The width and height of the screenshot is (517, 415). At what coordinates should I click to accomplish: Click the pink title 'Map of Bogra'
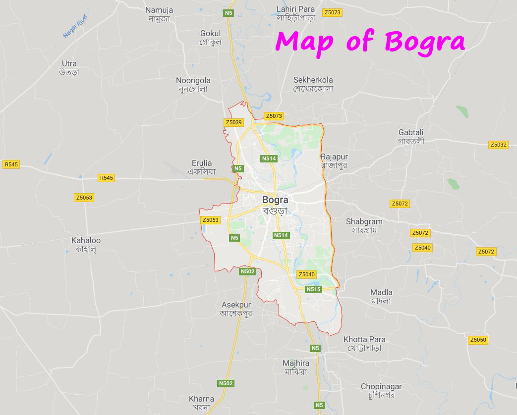pyautogui.click(x=370, y=42)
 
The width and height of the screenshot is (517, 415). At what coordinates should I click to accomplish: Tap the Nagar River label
pyautogui.click(x=75, y=27)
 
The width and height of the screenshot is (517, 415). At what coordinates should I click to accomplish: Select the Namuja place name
pyautogui.click(x=159, y=10)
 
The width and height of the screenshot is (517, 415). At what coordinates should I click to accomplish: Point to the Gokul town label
pyautogui.click(x=210, y=34)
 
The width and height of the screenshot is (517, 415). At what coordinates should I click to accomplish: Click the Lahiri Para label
pyautogui.click(x=296, y=9)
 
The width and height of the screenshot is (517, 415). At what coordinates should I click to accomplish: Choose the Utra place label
pyautogui.click(x=69, y=63)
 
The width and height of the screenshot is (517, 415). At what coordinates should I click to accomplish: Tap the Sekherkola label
pyautogui.click(x=313, y=80)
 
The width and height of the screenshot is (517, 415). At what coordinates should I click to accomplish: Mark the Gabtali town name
pyautogui.click(x=411, y=132)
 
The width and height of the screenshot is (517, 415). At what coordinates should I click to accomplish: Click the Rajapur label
pyautogui.click(x=334, y=157)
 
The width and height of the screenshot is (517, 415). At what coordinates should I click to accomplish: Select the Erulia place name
pyautogui.click(x=202, y=163)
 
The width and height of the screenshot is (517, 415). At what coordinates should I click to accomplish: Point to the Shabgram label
pyautogui.click(x=364, y=221)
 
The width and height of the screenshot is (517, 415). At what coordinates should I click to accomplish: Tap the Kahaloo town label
pyautogui.click(x=86, y=240)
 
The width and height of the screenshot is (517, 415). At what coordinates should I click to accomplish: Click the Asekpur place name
pyautogui.click(x=235, y=305)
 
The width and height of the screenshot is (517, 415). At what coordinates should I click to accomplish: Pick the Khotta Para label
pyautogui.click(x=364, y=339)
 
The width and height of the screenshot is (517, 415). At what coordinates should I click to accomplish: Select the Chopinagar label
pyautogui.click(x=381, y=386)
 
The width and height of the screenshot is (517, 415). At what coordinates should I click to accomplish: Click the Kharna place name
pyautogui.click(x=202, y=399)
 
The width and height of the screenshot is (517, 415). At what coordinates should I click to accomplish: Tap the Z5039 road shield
pyautogui.click(x=233, y=122)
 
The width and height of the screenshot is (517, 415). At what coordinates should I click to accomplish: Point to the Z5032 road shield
pyautogui.click(x=498, y=145)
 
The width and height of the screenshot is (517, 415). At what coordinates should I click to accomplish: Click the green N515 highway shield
pyautogui.click(x=313, y=289)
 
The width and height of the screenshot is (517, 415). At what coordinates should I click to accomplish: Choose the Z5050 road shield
pyautogui.click(x=478, y=340)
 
